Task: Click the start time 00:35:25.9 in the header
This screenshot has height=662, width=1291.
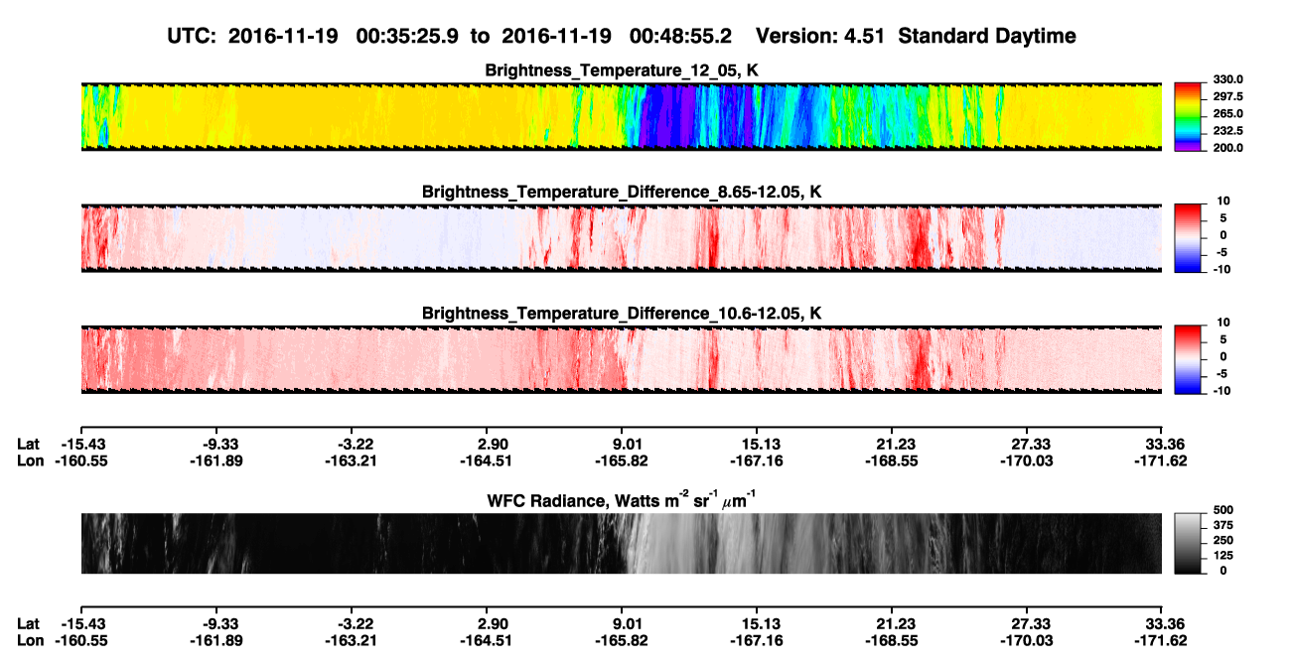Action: [x=407, y=36]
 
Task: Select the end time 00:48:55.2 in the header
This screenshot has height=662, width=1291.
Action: [x=680, y=36]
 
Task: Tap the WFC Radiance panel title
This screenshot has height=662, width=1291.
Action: [x=621, y=500]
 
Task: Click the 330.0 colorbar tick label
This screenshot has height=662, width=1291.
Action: [x=1228, y=79]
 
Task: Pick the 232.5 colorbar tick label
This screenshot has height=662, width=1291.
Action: [x=1228, y=131]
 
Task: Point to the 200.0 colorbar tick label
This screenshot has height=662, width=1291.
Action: [x=1228, y=148]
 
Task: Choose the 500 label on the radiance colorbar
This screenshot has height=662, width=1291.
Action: [x=1223, y=510]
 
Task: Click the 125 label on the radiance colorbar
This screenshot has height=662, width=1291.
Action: [x=1223, y=556]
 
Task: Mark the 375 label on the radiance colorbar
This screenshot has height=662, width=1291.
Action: [x=1223, y=525]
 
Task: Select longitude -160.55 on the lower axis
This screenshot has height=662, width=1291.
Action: [x=81, y=641]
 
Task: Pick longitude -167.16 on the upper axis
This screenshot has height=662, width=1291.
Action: [x=757, y=461]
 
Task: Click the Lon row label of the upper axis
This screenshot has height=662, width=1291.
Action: [x=30, y=461]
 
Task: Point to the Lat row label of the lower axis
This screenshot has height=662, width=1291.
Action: [x=28, y=624]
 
